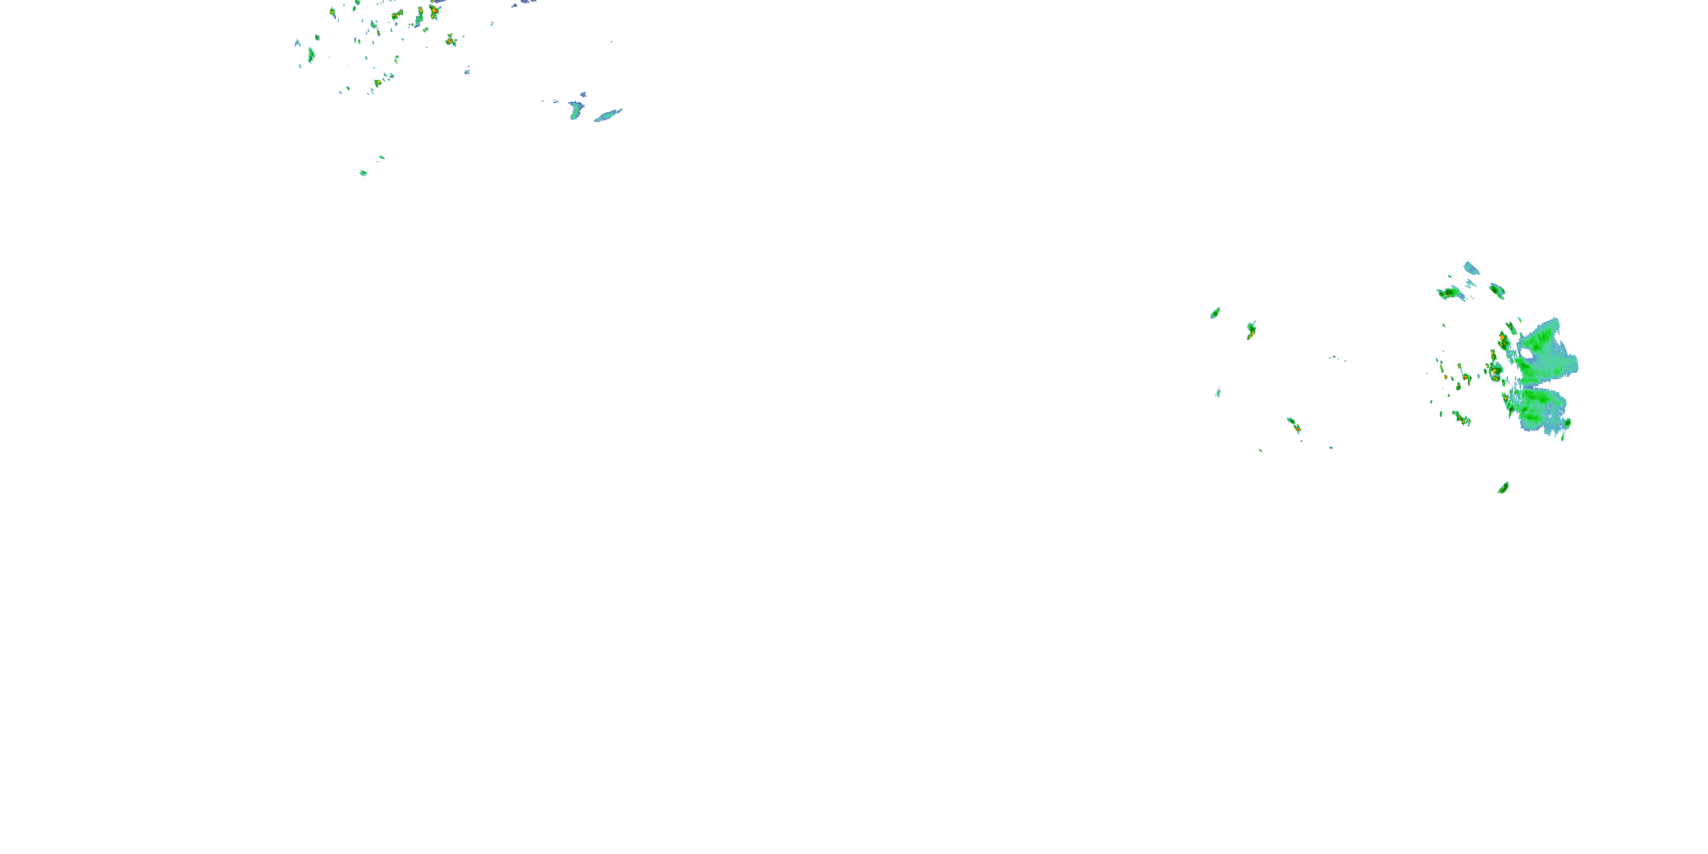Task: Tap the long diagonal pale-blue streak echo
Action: (608, 116)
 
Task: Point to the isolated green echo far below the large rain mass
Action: (1503, 488)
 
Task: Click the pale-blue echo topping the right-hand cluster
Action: (1471, 268)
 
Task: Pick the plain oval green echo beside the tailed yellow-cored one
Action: (1216, 313)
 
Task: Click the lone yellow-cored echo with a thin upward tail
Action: (1250, 330)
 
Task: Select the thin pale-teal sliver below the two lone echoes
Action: (1218, 392)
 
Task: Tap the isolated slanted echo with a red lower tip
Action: (1294, 426)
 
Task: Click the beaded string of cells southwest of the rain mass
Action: (1461, 418)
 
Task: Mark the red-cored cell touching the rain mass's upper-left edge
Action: (1502, 339)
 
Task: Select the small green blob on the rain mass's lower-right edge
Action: (1567, 424)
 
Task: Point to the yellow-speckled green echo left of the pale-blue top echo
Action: (1451, 293)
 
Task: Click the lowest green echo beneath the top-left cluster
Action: (363, 173)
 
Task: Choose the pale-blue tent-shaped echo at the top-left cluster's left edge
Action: (298, 44)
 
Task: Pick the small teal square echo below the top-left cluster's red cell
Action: (467, 70)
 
